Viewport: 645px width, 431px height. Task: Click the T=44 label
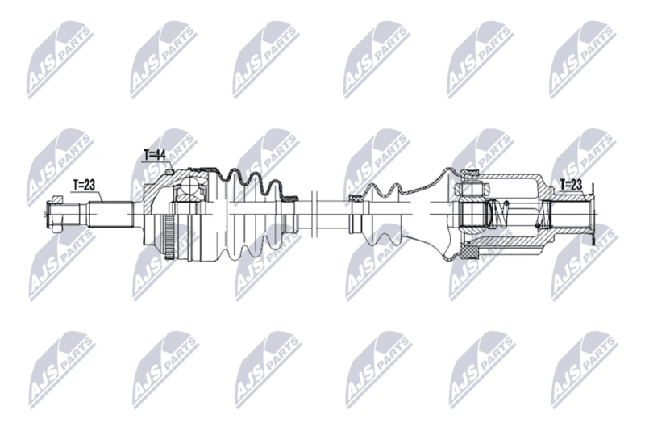[154, 155]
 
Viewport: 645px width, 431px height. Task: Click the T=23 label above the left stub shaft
[84, 186]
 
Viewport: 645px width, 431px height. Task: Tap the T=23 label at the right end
[572, 185]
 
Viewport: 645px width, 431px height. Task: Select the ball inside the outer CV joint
[190, 186]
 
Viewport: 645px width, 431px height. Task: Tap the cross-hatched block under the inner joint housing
[470, 250]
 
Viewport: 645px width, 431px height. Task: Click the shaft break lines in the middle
[315, 214]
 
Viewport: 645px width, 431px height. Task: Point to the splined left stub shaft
[110, 214]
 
